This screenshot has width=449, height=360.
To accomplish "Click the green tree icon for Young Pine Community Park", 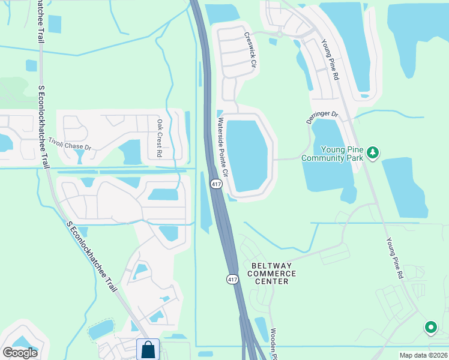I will coord(373,153).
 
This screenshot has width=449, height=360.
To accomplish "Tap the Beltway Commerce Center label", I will coord(271,273).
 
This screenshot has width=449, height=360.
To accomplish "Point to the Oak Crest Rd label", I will coord(160,138).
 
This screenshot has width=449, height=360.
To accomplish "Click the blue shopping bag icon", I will coord(148,349).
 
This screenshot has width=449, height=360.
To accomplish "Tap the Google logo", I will coord(20,353).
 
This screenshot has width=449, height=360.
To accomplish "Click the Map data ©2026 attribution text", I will coord(423,355).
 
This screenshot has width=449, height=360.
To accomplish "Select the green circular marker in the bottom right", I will coord(430,328).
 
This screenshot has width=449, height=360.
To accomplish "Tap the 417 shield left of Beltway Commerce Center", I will coord(232,279).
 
